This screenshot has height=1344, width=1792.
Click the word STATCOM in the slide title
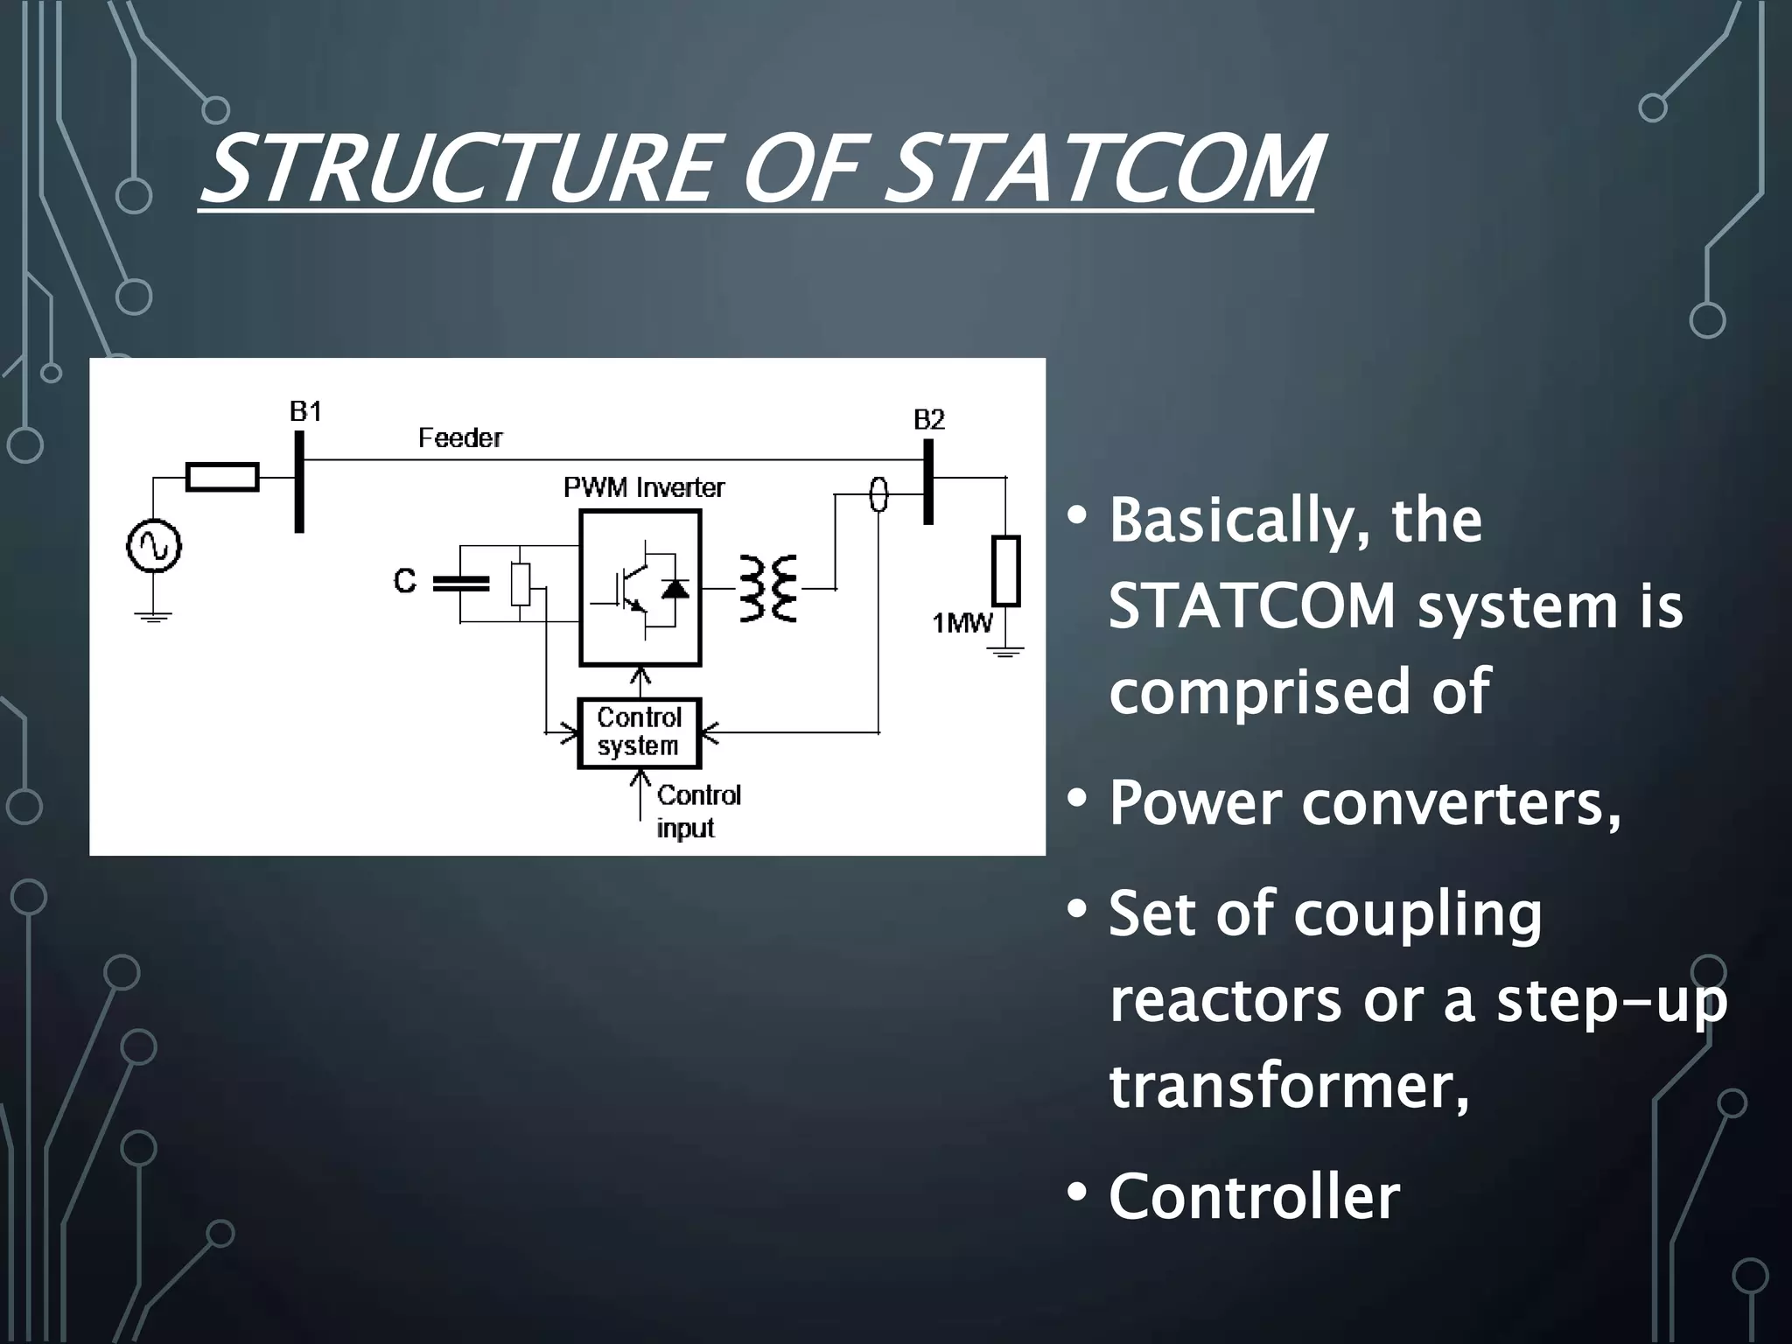tap(1107, 168)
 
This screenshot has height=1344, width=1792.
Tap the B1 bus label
tap(305, 411)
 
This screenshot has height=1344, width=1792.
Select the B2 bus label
tap(928, 420)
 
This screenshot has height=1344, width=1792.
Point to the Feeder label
tap(460, 437)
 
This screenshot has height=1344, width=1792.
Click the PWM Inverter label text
tap(644, 487)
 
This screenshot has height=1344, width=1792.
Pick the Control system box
tap(640, 732)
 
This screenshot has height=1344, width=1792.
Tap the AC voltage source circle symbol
tap(154, 546)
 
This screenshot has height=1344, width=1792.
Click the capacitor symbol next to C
tap(461, 584)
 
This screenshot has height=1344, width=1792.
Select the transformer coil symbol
tap(768, 588)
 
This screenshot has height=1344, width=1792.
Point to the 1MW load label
tap(962, 623)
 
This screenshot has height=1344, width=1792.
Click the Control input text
tap(697, 811)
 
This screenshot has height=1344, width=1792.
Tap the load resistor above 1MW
tap(1006, 571)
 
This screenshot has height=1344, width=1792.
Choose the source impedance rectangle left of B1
tap(222, 477)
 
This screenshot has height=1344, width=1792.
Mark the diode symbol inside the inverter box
tap(675, 589)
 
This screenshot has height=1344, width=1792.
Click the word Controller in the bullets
tap(1254, 1196)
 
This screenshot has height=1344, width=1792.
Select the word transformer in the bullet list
tap(1288, 1087)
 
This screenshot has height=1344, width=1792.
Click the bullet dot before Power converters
tap(1077, 798)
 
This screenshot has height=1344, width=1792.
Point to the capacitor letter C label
tap(404, 581)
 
